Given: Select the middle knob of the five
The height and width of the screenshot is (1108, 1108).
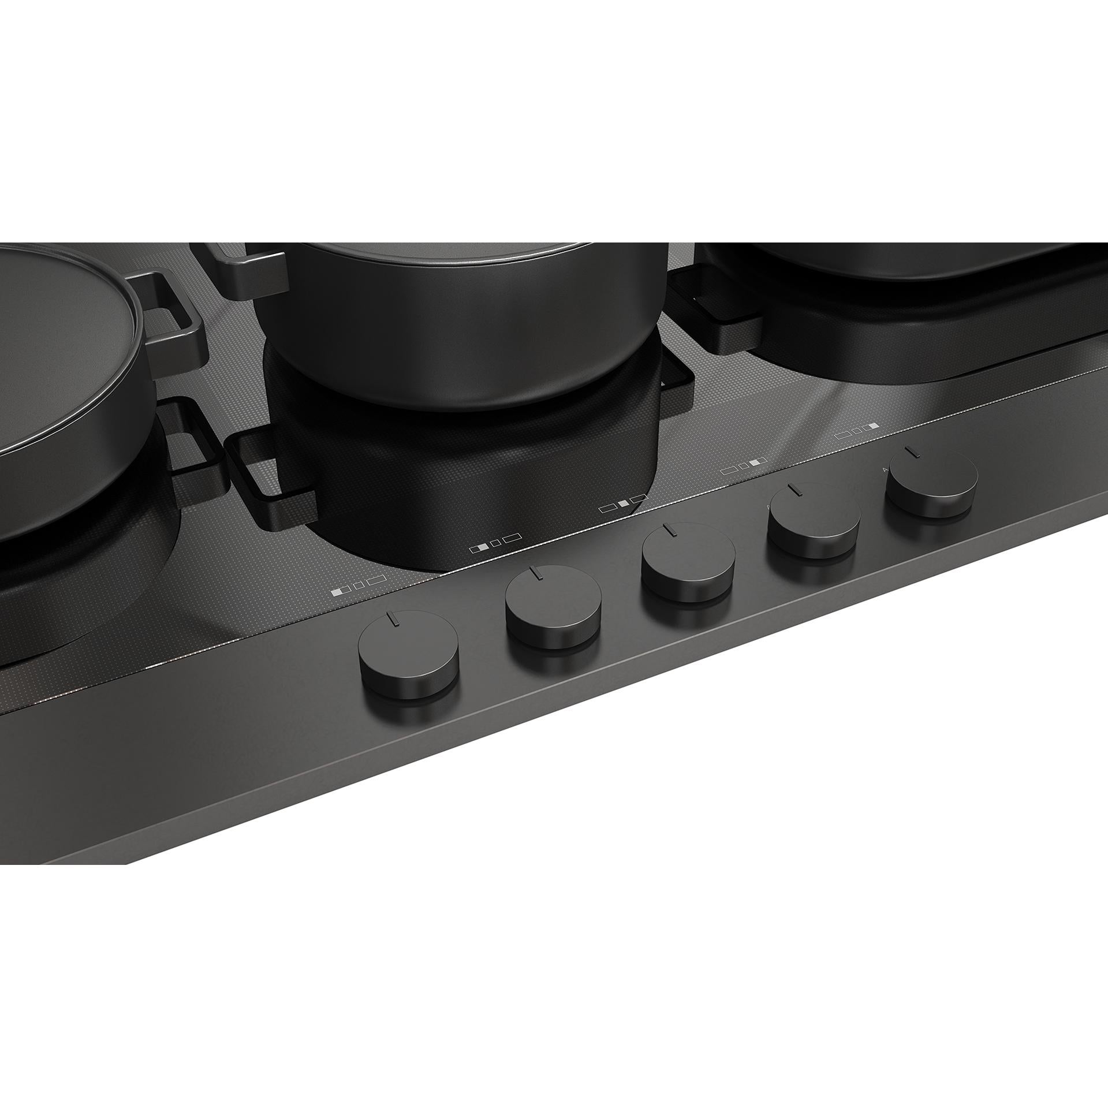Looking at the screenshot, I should click(x=688, y=559).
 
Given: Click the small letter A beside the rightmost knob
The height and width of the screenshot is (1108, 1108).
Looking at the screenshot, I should click(x=885, y=469).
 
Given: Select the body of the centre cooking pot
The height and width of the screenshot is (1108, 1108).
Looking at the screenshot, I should click(x=462, y=346).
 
